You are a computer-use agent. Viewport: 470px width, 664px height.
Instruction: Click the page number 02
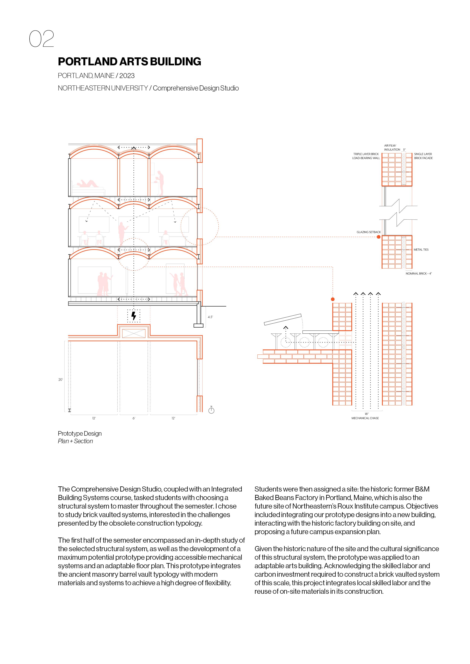[x=41, y=39]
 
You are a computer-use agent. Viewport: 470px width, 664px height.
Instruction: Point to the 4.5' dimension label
[x=210, y=317]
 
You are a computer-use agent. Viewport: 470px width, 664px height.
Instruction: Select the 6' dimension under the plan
[x=134, y=418]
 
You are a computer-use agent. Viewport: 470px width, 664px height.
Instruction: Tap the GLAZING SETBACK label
[x=368, y=232]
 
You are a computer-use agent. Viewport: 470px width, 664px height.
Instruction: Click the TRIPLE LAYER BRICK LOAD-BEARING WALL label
[x=366, y=156]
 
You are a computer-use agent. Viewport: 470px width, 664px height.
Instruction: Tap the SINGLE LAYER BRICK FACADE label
[x=423, y=156]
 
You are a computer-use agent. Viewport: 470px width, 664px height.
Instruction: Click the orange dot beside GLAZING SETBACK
[x=379, y=237]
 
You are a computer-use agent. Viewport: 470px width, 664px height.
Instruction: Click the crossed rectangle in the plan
[x=134, y=333]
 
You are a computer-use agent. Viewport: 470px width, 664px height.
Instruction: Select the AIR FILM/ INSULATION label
[x=392, y=147]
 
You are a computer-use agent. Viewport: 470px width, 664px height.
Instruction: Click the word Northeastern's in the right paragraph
[x=314, y=506]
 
